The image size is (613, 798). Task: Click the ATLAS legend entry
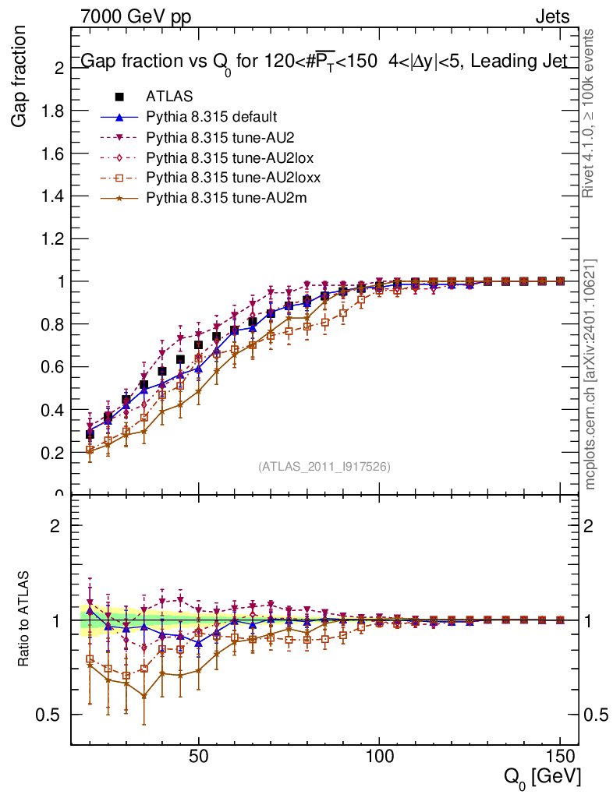point(163,97)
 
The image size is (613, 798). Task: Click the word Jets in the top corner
point(552,16)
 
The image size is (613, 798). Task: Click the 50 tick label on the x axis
point(198,757)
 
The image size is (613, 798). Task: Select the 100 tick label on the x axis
point(379,757)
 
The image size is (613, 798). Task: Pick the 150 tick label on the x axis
point(559,757)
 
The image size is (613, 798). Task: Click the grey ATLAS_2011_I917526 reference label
point(324,467)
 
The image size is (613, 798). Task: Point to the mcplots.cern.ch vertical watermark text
point(590,373)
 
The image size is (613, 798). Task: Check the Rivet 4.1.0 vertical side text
point(590,113)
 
